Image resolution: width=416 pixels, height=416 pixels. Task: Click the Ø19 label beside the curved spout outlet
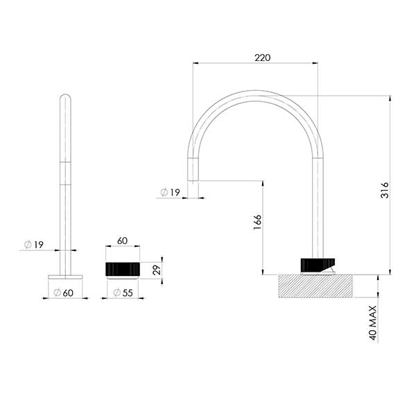[171, 192]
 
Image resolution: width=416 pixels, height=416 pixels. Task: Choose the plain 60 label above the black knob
[122, 241]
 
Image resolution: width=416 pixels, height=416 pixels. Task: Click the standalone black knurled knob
[123, 268]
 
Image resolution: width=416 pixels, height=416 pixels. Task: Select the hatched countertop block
[320, 286]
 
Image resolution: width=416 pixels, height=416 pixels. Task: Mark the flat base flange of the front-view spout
[64, 276]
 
